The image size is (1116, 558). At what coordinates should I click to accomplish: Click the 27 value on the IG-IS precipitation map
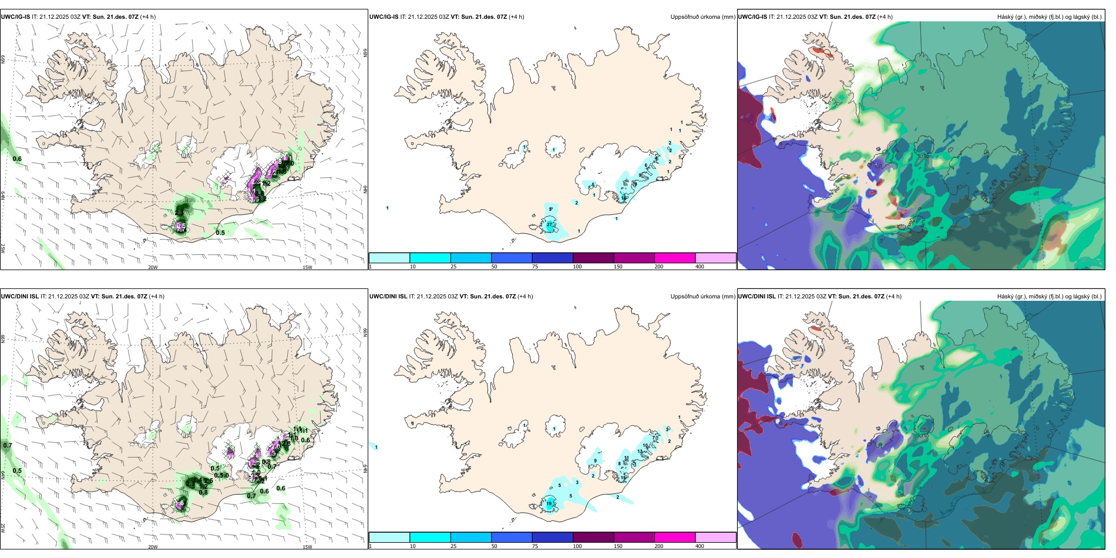point(549,224)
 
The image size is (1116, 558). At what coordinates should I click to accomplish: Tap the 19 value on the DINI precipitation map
point(549,504)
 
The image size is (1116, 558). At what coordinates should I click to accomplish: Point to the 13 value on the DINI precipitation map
point(640,451)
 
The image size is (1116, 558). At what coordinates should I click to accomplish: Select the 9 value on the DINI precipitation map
point(595,461)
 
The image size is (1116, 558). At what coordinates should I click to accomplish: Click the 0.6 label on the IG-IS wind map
point(17,159)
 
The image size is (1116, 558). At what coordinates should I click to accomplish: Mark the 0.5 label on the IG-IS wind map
point(220,233)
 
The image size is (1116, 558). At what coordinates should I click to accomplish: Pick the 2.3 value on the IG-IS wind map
point(179,213)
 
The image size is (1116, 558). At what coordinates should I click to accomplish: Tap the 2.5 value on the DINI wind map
point(209,480)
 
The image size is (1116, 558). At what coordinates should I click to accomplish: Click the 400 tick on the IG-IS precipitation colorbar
point(700,267)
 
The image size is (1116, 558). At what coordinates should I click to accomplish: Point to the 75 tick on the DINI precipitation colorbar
point(535,546)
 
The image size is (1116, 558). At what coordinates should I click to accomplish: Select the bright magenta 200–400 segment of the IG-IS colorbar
point(675,258)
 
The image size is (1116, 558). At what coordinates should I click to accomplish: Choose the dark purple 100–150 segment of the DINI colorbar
point(593,537)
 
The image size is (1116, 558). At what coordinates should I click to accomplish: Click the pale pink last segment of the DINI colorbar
point(715,537)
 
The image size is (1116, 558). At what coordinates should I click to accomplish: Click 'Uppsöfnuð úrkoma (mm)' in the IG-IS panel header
point(702,17)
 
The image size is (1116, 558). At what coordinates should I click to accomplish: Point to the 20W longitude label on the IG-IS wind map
point(153,267)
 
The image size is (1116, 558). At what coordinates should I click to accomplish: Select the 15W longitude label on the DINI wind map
point(307,547)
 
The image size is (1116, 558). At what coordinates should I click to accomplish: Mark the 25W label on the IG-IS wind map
point(3,248)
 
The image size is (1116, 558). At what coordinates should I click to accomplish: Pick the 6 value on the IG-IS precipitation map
point(646,166)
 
